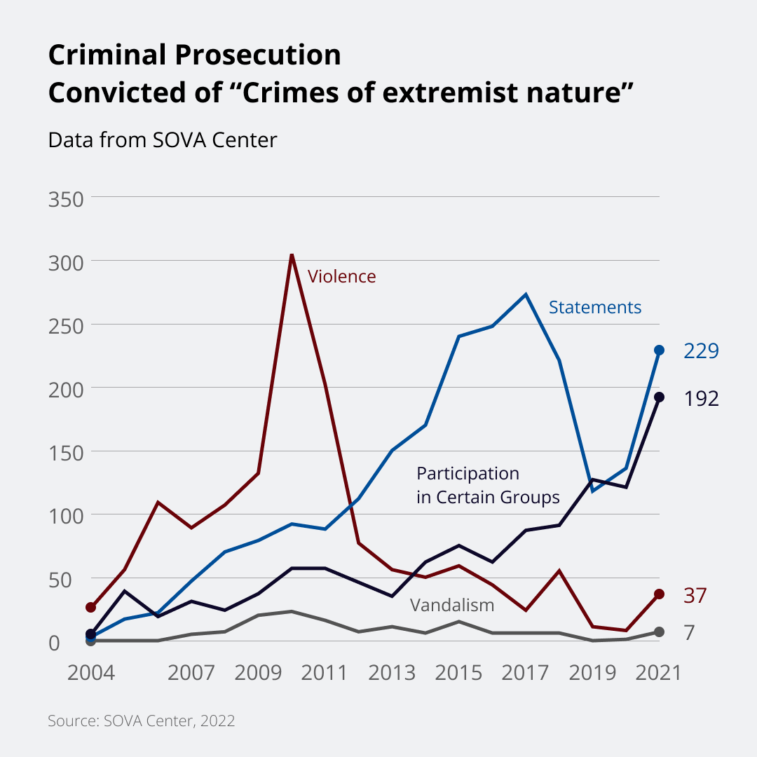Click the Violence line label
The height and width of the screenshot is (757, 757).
342,277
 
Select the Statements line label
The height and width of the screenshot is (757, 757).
594,308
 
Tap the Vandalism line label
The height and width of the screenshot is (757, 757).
452,606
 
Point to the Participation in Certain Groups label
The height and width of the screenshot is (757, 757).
488,486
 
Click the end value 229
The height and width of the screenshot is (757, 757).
701,351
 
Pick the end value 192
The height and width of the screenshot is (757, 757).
701,399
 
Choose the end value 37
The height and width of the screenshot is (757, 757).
695,596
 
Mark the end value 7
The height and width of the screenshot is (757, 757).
689,633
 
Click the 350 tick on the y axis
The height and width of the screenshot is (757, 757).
66,198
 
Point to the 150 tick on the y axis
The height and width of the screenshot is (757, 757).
66,452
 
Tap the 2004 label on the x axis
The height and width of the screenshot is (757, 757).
90,673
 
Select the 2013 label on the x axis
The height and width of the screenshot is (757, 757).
392,673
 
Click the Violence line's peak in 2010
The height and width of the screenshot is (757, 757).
292,254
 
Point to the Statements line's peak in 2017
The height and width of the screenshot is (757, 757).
526,294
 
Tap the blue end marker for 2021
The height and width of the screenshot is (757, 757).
659,350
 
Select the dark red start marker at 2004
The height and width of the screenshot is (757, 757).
90,607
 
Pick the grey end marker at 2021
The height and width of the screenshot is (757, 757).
659,632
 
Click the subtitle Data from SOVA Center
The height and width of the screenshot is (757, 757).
163,140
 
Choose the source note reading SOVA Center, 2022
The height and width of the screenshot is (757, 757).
141,721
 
